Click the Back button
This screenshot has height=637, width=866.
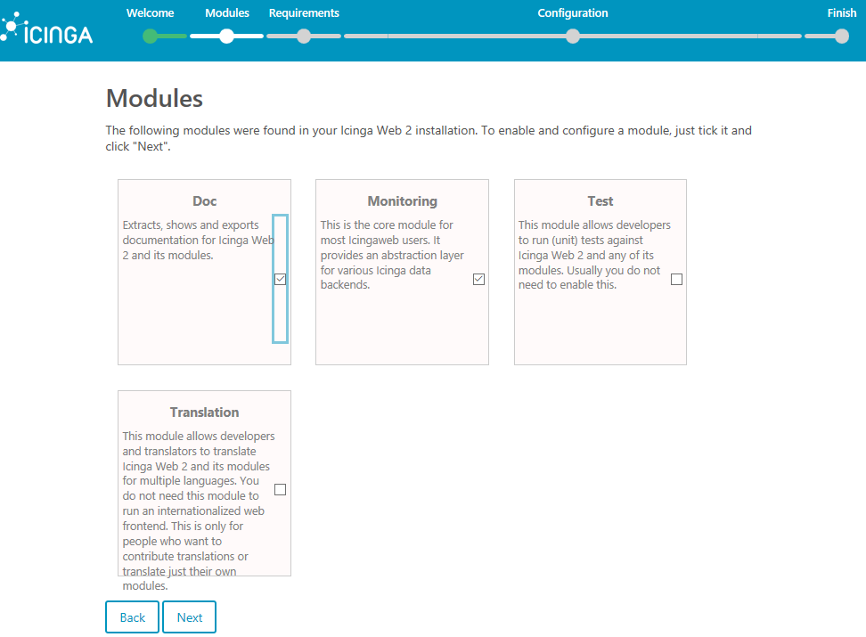coord(132,617)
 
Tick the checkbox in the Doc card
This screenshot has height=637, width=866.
coord(281,279)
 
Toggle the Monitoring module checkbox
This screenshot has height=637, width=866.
coord(478,279)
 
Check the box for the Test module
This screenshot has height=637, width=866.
coord(676,279)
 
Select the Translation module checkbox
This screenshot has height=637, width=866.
coord(281,489)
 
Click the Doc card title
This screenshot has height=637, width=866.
coord(204,201)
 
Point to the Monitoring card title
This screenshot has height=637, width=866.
coord(402,201)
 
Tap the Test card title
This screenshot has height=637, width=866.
coord(600,201)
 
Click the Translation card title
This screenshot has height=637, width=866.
coord(204,412)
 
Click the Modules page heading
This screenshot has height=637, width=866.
coord(154,98)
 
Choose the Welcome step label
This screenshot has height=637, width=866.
coord(151,13)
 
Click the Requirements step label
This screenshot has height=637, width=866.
coord(304,13)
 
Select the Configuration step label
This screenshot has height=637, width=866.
coord(573,13)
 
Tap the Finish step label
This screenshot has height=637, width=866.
coord(841,13)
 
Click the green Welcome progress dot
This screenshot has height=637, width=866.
coord(150,37)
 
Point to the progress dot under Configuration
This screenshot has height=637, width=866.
coord(573,37)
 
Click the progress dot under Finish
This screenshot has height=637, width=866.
coord(841,37)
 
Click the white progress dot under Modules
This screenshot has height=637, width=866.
coord(227,37)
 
